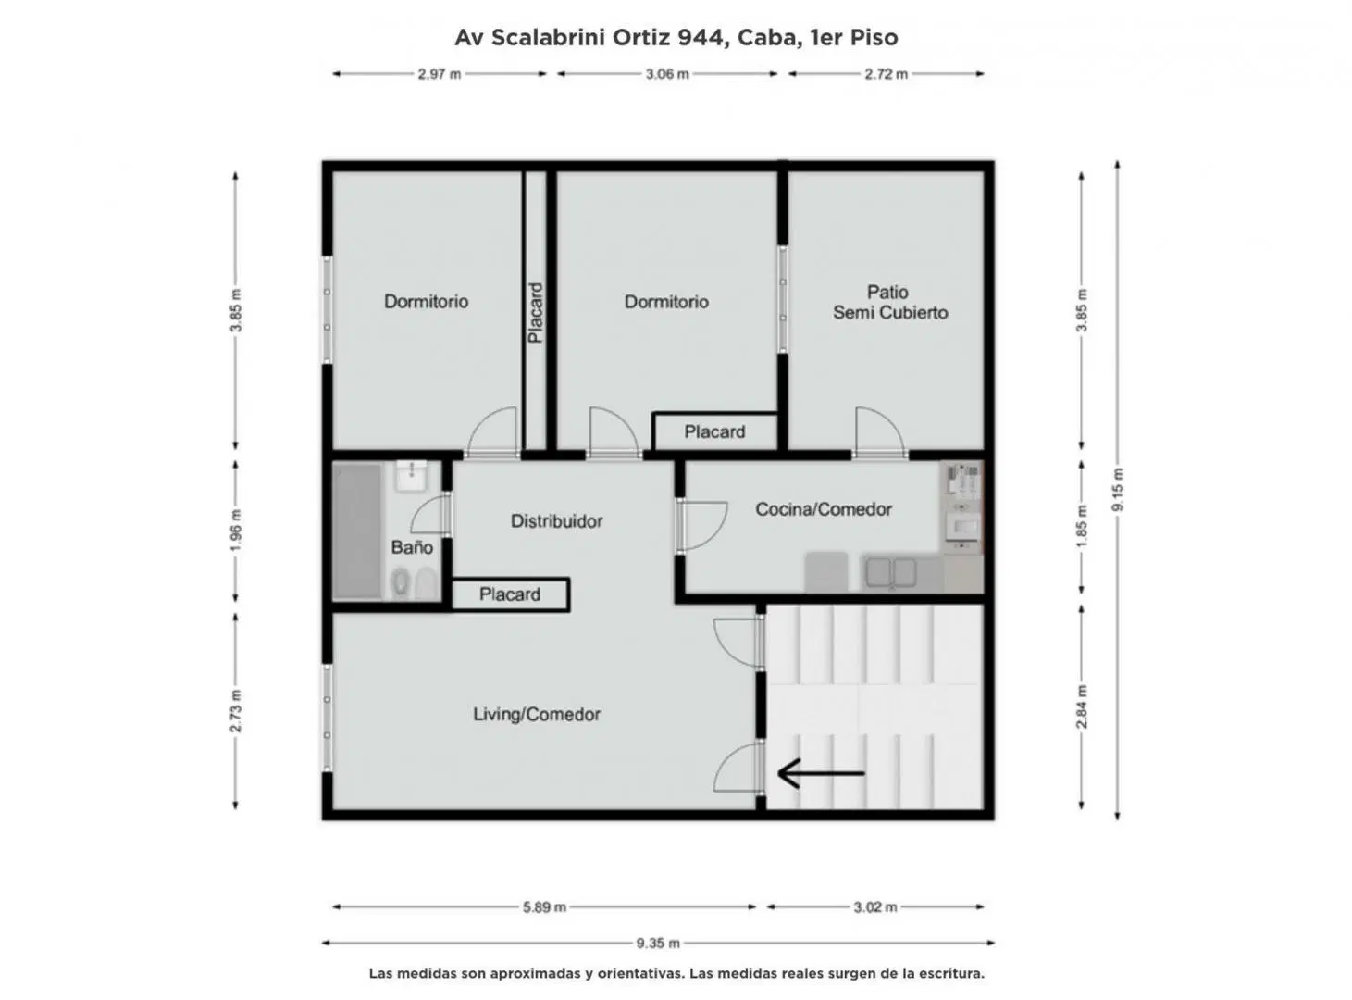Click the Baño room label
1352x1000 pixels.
(412, 547)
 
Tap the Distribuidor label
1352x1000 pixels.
(556, 521)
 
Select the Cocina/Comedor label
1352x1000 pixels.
(823, 509)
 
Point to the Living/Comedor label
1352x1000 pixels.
(537, 715)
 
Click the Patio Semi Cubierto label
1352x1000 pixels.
(890, 302)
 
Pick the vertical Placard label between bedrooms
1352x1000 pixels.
(535, 312)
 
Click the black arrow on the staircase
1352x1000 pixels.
(821, 773)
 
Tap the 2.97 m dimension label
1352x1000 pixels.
(439, 74)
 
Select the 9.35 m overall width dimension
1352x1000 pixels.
(658, 944)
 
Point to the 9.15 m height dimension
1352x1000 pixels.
(1117, 490)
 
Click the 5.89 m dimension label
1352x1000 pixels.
(544, 907)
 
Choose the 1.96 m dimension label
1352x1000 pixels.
(236, 531)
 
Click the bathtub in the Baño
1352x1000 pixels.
(357, 531)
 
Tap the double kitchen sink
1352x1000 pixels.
(891, 573)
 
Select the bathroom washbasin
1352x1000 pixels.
(412, 476)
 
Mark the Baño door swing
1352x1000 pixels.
(430, 516)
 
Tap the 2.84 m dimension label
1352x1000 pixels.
(1082, 707)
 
